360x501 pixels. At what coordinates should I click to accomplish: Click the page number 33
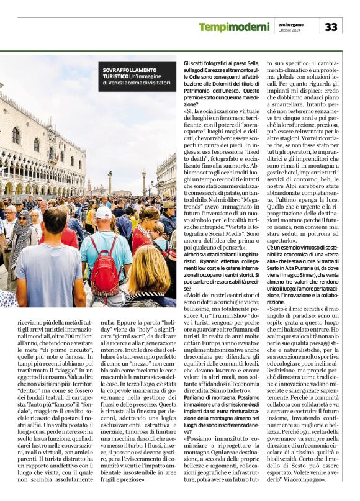tap(331, 27)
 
